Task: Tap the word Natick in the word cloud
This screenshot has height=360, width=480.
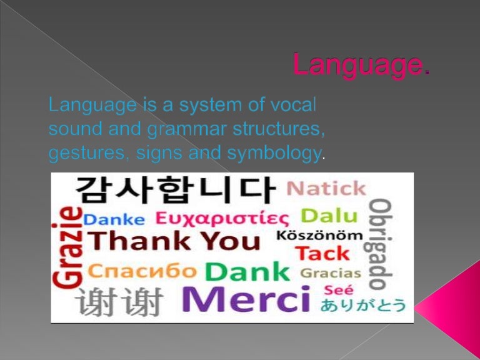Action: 326,188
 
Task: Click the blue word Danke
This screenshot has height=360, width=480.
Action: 114,219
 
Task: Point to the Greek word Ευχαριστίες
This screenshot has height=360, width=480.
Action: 222,218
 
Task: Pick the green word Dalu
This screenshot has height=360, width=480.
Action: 329,216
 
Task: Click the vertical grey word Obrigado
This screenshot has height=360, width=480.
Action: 379,244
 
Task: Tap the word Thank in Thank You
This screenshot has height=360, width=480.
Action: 139,241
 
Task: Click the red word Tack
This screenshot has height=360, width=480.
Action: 322,253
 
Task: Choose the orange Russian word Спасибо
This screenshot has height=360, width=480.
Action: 142,271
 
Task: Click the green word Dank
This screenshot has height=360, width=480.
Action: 247,272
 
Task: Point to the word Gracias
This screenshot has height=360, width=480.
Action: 331,273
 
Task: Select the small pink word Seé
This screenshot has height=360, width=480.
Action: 339,290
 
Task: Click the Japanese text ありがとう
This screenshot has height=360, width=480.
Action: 363,305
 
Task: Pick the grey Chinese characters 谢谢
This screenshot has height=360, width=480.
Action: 119,302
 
